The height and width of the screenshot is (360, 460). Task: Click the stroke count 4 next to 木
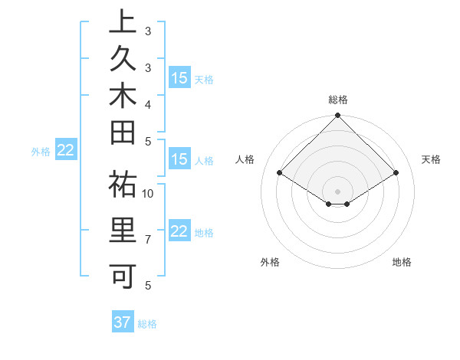click(x=147, y=103)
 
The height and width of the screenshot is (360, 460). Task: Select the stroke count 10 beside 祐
click(x=148, y=193)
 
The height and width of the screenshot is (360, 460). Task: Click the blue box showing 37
click(x=122, y=322)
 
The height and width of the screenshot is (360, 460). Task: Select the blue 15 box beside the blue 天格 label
click(x=179, y=77)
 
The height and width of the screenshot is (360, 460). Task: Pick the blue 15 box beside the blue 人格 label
click(x=179, y=159)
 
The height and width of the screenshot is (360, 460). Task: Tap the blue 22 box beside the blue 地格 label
click(x=179, y=231)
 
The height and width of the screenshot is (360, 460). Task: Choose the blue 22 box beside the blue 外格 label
click(x=66, y=151)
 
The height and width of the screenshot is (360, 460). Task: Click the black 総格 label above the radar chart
click(x=337, y=100)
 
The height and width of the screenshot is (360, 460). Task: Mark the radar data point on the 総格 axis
click(x=337, y=116)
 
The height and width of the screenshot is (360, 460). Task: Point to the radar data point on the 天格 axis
click(x=396, y=173)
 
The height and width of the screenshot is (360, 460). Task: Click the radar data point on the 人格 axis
click(x=280, y=173)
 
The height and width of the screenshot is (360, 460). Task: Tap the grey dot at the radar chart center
click(x=337, y=191)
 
